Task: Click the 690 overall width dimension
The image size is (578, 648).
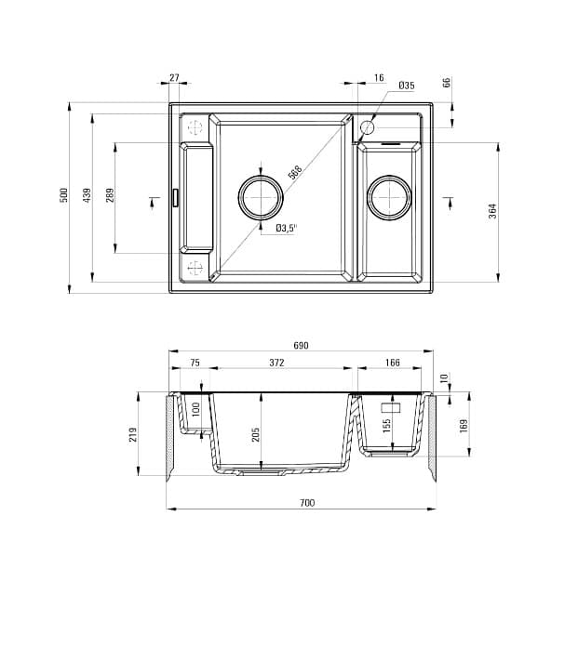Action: pyautogui.click(x=301, y=345)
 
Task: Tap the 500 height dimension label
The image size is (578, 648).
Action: pyautogui.click(x=64, y=195)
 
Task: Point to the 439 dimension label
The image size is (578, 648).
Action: pyautogui.click(x=87, y=195)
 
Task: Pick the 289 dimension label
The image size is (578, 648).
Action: pyautogui.click(x=110, y=196)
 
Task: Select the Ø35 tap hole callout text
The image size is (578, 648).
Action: pyautogui.click(x=406, y=86)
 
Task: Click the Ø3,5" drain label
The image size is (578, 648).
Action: pyautogui.click(x=286, y=228)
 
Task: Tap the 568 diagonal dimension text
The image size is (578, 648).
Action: pyautogui.click(x=295, y=173)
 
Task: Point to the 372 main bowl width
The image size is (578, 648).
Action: pyautogui.click(x=276, y=363)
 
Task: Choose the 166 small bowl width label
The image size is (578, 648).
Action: pyautogui.click(x=392, y=363)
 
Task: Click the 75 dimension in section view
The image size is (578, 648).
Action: pyautogui.click(x=195, y=363)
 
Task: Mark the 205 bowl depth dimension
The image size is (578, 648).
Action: pyautogui.click(x=255, y=434)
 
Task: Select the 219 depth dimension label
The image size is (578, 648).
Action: pyautogui.click(x=133, y=434)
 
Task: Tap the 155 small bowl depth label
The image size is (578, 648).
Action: pyautogui.click(x=386, y=425)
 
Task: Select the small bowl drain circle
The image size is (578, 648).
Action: pyautogui.click(x=388, y=196)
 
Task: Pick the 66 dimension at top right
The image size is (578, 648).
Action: pyautogui.click(x=447, y=83)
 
